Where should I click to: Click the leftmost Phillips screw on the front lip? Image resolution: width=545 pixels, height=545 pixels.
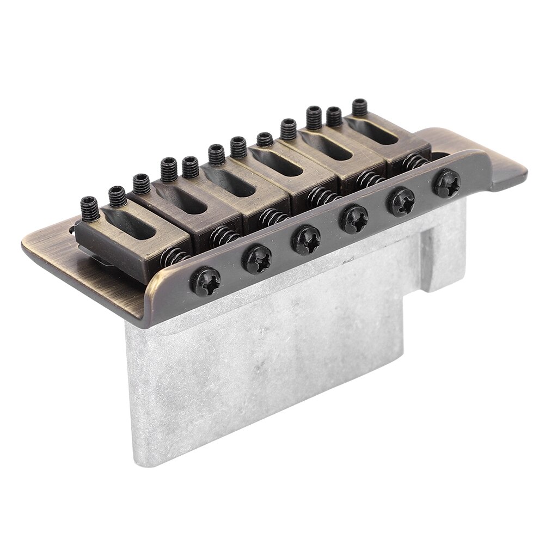(x=206, y=281)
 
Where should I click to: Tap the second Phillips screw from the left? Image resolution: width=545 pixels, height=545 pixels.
(x=256, y=259)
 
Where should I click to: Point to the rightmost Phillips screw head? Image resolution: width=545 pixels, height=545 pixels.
(x=446, y=184)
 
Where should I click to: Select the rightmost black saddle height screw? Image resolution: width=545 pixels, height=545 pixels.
(x=359, y=107)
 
